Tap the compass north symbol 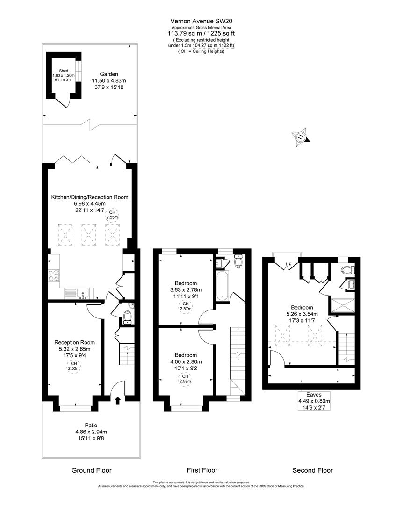pos(301,137)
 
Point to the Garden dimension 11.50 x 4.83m pos(108,80)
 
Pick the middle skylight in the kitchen pos(89,234)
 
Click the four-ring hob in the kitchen pos(54,275)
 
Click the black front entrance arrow pos(117,400)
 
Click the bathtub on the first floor pos(222,287)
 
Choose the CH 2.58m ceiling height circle pos(186,379)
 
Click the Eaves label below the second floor pos(310,394)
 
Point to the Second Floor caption pos(312,470)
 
